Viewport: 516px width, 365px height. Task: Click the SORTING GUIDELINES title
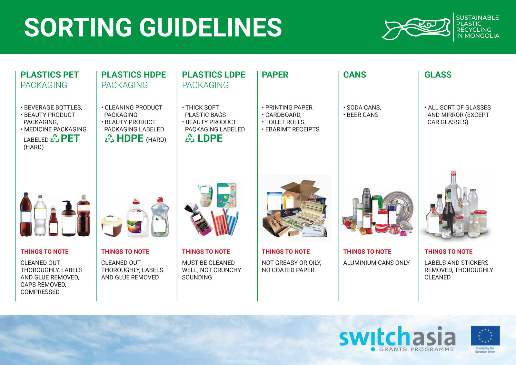coord(153,27)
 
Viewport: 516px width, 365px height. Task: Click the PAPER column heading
coord(275,75)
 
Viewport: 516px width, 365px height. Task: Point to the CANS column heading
coord(355,75)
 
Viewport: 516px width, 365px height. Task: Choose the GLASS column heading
coord(438,75)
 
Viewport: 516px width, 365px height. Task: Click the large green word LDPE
coord(210,138)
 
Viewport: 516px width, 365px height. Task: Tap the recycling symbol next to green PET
coord(55,138)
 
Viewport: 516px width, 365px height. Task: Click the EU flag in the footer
coord(485,336)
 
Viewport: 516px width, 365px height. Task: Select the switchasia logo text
coord(397,336)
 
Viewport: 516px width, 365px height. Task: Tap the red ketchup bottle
coord(53,221)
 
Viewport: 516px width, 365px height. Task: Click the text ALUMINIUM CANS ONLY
coord(376,263)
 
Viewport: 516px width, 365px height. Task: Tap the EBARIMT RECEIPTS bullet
coord(291,129)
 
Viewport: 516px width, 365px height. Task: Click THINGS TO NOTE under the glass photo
coord(449,251)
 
